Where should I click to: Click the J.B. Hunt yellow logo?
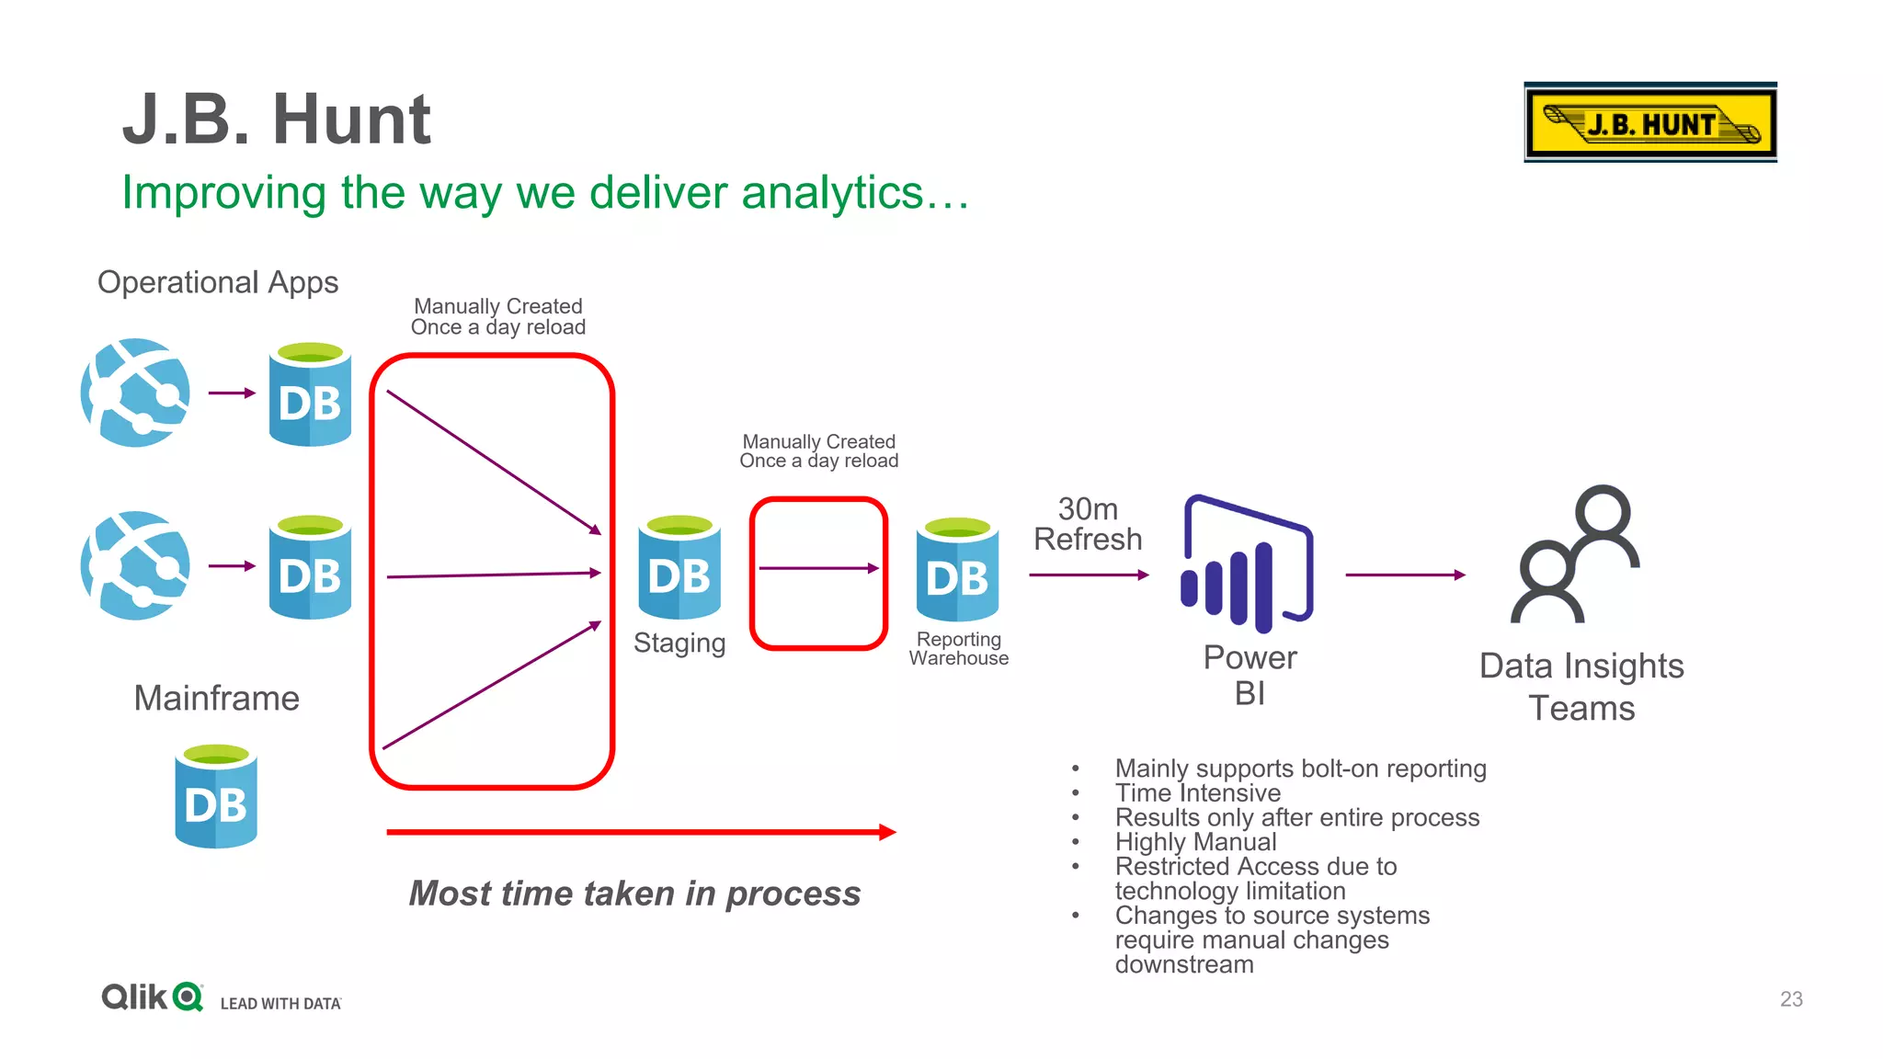pos(1649,123)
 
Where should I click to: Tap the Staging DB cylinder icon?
pos(679,567)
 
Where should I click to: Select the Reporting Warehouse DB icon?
pos(957,569)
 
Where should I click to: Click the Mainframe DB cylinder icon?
pos(216,796)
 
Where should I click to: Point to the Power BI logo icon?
pos(1248,564)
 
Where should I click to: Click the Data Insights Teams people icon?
pos(1576,555)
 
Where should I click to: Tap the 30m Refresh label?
pos(1088,524)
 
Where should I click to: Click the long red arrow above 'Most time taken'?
pos(641,832)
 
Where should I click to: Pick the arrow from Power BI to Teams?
pos(1405,575)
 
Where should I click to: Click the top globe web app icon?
pos(136,393)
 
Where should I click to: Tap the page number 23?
pos(1791,999)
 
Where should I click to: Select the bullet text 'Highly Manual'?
pos(1195,842)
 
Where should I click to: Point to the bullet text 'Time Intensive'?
pos(1197,792)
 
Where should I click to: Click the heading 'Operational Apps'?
pos(218,282)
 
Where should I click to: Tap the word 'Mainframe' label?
pos(216,699)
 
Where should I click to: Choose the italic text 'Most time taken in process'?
pos(634,894)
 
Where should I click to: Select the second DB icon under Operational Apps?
pos(310,567)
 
